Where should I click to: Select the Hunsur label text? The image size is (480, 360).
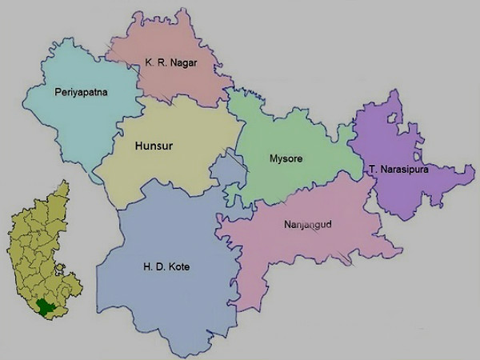tap(154, 146)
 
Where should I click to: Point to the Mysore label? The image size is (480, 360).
tap(286, 158)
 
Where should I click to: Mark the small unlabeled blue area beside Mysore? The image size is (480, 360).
tap(228, 172)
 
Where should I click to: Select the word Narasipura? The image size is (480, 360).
tap(406, 170)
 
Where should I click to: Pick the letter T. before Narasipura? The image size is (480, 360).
tap(374, 170)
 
